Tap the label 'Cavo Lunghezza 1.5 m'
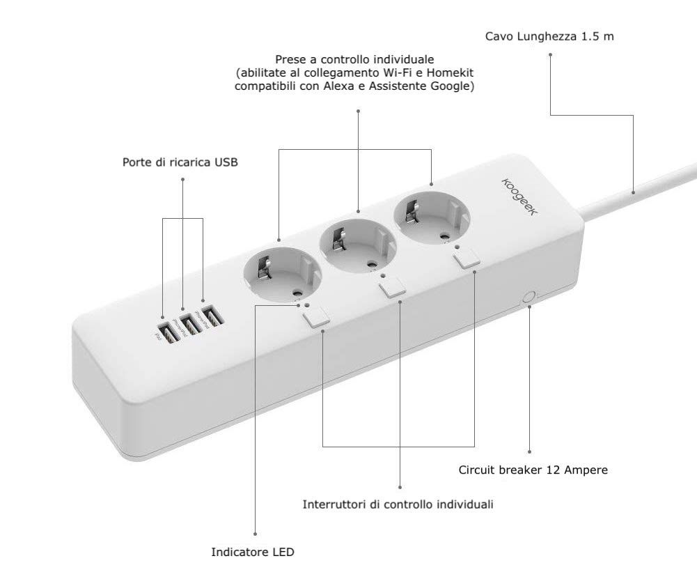coord(549,35)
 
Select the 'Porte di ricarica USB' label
coord(180,163)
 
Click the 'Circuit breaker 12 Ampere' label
coord(533,470)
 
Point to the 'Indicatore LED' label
coord(253,553)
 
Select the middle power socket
coord(357,242)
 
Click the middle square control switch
coord(393,286)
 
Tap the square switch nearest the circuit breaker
coord(465,259)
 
